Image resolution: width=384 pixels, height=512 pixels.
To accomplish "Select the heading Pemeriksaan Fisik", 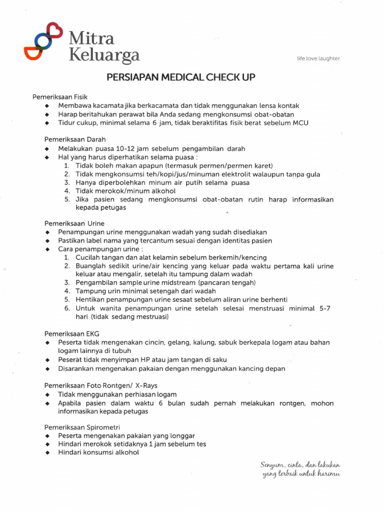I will click(x=60, y=96).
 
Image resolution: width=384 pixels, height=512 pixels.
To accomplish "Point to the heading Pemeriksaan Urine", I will click(x=61, y=223).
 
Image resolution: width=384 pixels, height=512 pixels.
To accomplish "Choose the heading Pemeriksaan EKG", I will click(x=59, y=333).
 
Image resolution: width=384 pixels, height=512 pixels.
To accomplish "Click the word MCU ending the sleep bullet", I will click(x=300, y=122).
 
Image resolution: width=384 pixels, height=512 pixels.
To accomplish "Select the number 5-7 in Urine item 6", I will click(x=325, y=308).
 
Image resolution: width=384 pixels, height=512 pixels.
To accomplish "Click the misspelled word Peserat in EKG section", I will click(x=69, y=359).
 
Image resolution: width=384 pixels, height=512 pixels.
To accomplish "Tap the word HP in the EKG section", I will click(x=145, y=359).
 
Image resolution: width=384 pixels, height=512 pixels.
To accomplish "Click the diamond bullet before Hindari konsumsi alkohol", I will click(x=47, y=452).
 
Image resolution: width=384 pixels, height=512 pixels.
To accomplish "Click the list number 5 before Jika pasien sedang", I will click(x=66, y=199).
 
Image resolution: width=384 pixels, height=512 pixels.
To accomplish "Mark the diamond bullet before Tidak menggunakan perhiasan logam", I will click(x=47, y=394).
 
